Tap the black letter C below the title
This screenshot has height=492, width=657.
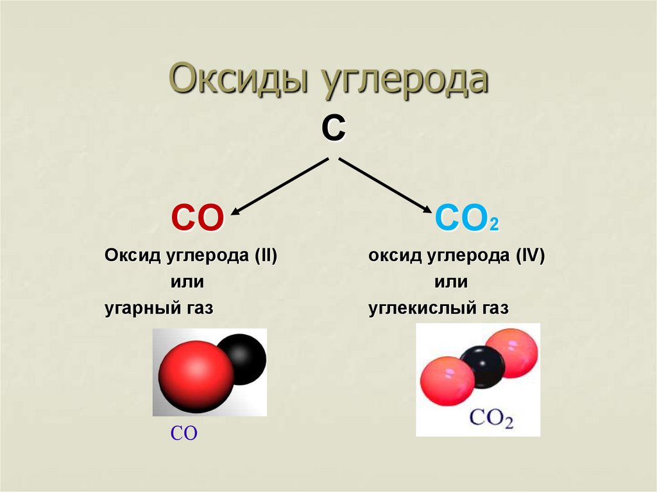333,129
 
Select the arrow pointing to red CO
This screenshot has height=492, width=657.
280,185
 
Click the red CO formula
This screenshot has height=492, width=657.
197,218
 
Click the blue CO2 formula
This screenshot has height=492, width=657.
466,219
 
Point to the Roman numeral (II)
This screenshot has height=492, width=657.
264,257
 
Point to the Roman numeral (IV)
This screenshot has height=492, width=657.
529,257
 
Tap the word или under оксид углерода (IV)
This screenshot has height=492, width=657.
450,282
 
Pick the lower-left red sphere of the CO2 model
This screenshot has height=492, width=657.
447,380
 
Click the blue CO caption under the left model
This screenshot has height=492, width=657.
183,434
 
